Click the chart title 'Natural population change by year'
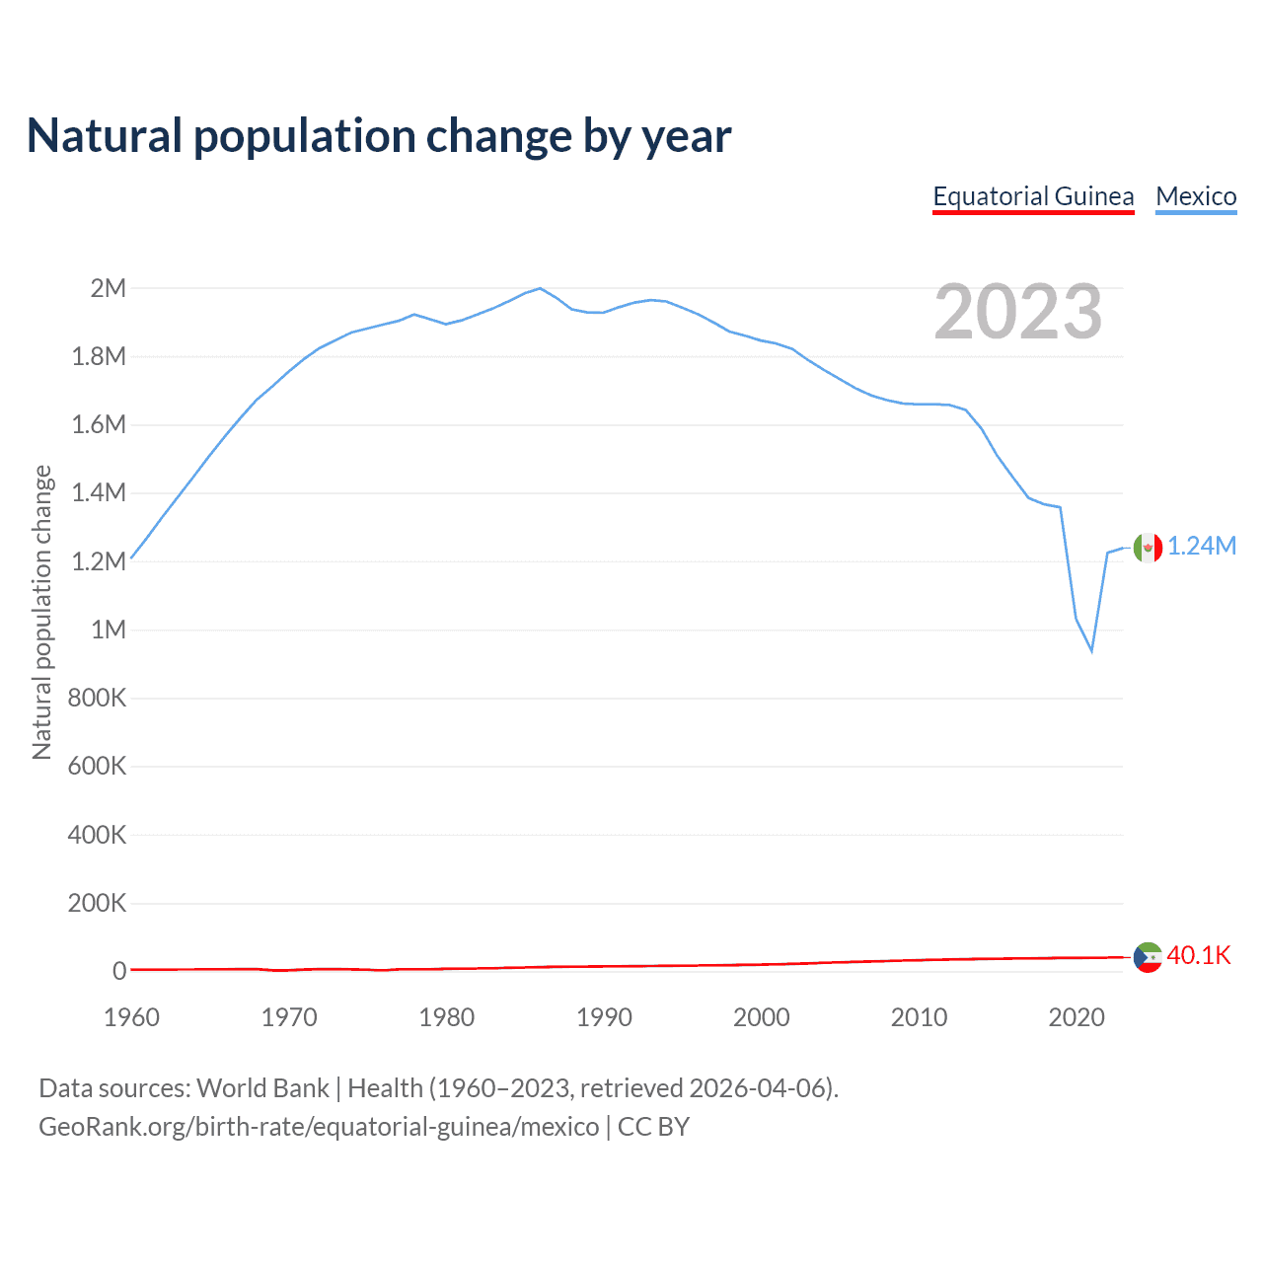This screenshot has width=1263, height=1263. click(379, 136)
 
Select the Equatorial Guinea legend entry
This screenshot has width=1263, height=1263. click(1033, 196)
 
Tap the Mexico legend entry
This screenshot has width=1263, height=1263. click(1196, 196)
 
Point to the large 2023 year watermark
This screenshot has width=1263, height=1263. click(1017, 312)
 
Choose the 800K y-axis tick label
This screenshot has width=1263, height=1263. click(97, 698)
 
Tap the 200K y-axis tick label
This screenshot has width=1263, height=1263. click(97, 903)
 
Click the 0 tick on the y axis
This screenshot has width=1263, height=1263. click(119, 971)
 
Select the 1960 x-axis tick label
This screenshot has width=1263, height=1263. click(131, 1017)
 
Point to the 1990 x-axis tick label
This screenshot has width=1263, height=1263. click(604, 1017)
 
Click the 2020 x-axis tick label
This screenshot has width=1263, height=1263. click(1077, 1017)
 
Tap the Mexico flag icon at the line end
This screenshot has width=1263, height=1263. click(1148, 548)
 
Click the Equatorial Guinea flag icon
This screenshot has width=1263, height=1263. click(1148, 957)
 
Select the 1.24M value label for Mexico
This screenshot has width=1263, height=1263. click(1202, 547)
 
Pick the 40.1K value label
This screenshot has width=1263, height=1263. click(1199, 955)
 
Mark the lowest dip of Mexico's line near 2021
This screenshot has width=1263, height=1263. click(1091, 650)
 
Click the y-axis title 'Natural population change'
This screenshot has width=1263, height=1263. click(41, 612)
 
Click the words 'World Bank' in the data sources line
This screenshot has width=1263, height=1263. click(262, 1088)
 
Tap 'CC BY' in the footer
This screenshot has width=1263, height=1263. click(653, 1127)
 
